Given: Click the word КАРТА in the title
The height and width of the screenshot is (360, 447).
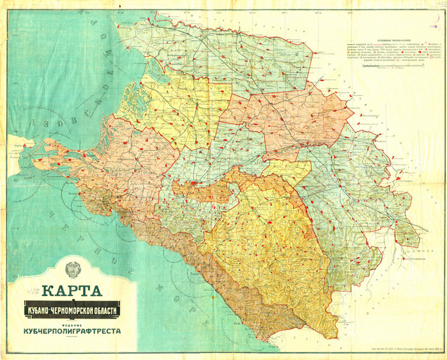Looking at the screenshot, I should (x=72, y=290).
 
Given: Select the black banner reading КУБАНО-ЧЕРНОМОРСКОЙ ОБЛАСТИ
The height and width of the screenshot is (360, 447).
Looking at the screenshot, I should (x=72, y=310).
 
